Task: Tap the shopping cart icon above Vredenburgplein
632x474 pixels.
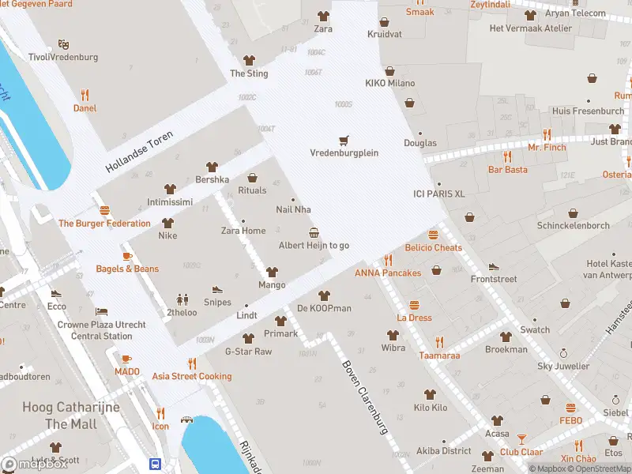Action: click(343, 140)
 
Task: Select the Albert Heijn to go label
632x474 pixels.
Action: click(314, 246)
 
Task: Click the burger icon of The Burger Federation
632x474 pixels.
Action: click(104, 210)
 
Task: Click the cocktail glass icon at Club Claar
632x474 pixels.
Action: click(521, 438)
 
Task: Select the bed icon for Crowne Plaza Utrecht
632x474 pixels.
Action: click(101, 312)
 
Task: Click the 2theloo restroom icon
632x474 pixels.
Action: click(183, 299)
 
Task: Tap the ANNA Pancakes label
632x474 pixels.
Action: click(387, 273)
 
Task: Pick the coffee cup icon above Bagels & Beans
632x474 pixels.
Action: click(127, 256)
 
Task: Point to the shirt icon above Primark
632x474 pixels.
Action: click(280, 321)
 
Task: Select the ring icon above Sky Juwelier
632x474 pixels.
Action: click(563, 353)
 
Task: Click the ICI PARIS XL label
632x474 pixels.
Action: click(439, 194)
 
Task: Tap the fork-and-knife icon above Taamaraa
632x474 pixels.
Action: click(439, 342)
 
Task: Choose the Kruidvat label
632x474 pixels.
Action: click(384, 34)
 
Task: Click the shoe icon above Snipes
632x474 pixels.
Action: click(217, 289)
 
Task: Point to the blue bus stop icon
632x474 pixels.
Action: click(156, 465)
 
